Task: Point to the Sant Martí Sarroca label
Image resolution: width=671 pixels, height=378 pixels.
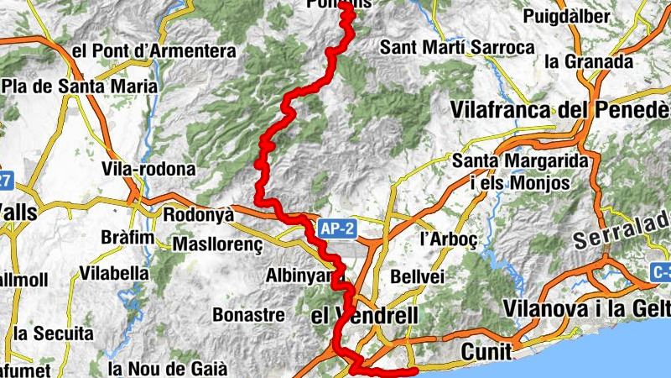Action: click(x=456, y=47)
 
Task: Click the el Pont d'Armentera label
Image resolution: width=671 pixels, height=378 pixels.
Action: click(x=154, y=51)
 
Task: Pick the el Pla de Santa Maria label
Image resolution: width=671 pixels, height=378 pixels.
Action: click(x=81, y=86)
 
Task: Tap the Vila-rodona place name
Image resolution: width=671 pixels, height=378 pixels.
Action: click(x=148, y=169)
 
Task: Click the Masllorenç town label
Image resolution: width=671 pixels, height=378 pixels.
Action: click(x=217, y=244)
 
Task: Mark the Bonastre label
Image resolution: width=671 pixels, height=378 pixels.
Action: click(x=249, y=315)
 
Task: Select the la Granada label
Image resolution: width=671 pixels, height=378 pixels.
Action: click(x=588, y=61)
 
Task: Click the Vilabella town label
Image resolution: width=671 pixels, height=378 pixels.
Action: click(x=114, y=273)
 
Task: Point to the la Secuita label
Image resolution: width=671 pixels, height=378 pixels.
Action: click(x=54, y=333)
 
